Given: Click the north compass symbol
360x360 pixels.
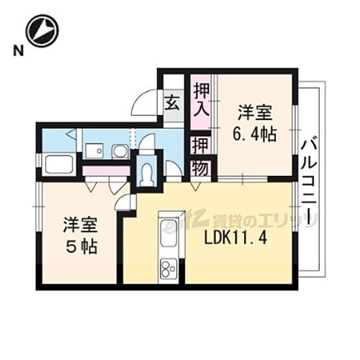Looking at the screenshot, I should (40, 31).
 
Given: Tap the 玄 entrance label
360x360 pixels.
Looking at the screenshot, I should (174, 102).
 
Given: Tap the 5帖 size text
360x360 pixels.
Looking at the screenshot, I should (79, 246).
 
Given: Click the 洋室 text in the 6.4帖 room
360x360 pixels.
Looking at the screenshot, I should (256, 114).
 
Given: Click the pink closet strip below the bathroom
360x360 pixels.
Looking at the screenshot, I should (105, 171).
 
